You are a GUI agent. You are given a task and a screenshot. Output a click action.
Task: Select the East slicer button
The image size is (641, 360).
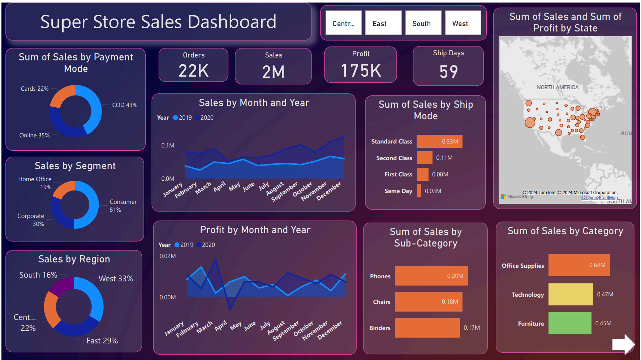(x=383, y=23)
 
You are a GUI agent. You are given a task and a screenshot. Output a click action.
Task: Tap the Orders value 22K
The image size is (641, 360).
(x=193, y=70)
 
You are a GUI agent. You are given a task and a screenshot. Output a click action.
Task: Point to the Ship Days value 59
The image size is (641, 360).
(x=448, y=72)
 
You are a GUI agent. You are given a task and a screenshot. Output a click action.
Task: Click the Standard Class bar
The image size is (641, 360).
(x=439, y=141)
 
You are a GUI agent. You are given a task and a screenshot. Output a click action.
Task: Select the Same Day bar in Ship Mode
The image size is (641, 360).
(x=419, y=191)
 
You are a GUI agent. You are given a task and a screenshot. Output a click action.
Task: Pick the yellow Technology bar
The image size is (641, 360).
(x=571, y=294)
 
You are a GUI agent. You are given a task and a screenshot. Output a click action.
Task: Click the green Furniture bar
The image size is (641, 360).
(x=569, y=323)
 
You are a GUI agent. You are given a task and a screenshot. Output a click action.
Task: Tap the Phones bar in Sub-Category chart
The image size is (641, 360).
(x=431, y=276)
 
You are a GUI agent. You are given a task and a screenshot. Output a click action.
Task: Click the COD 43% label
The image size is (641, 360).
(x=125, y=105)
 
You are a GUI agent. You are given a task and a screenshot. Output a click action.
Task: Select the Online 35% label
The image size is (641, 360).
(x=34, y=135)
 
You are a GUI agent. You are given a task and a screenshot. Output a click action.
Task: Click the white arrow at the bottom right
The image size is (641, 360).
(x=623, y=344)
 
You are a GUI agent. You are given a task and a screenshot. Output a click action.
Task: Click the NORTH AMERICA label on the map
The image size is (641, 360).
(x=558, y=87)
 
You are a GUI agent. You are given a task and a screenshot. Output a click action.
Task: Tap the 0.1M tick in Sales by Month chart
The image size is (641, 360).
(x=168, y=145)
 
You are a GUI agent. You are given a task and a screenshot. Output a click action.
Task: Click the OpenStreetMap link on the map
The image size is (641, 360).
(x=599, y=198)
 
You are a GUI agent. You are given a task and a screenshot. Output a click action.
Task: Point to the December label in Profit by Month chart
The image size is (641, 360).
(x=330, y=330)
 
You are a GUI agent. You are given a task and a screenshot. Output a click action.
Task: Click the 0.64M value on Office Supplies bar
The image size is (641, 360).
(x=597, y=265)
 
